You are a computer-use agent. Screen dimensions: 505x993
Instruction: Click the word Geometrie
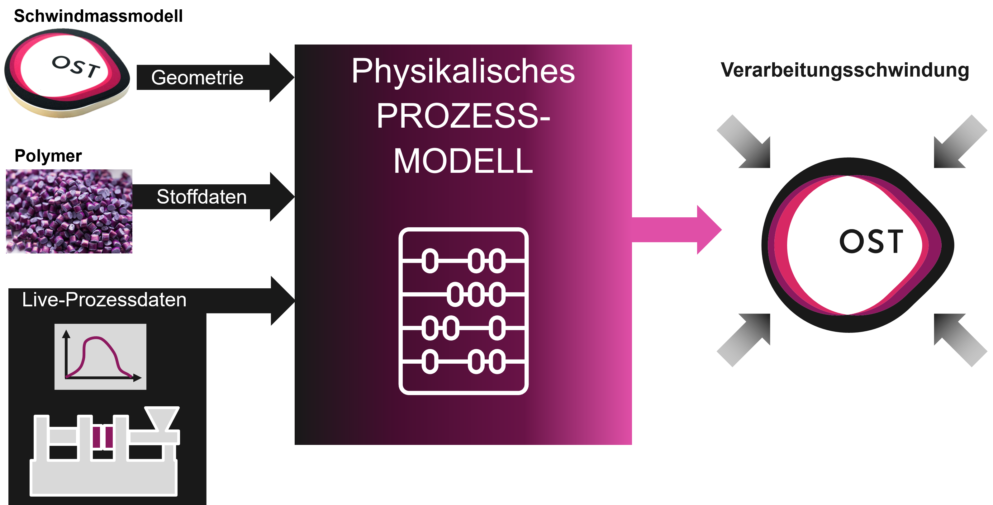(197, 78)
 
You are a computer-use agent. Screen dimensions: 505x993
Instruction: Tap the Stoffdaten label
(201, 197)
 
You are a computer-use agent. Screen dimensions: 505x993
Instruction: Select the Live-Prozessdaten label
(104, 300)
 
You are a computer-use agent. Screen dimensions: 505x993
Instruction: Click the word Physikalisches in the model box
(463, 71)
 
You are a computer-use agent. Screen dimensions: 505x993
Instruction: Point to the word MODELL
(463, 161)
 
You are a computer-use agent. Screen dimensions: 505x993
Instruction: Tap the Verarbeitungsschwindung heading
(845, 70)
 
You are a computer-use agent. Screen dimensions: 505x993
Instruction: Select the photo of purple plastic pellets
(69, 211)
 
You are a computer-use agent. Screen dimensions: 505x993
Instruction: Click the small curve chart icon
(100, 356)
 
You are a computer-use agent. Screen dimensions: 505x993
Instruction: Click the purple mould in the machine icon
(102, 437)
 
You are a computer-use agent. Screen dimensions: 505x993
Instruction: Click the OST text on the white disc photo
(76, 67)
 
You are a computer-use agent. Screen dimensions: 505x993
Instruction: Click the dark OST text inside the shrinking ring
(871, 242)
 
